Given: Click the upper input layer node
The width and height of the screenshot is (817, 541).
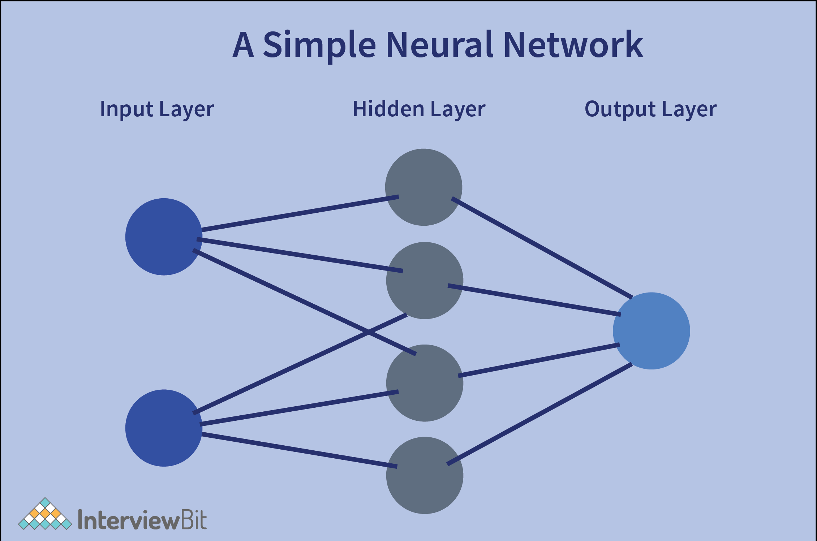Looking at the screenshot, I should tap(164, 237).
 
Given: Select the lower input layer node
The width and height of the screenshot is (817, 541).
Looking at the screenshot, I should tap(164, 428).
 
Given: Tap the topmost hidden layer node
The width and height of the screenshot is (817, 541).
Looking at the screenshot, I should tap(423, 187).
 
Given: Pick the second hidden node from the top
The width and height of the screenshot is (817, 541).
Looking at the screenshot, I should tap(425, 280).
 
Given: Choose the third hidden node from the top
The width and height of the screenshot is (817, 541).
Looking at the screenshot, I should tap(425, 383).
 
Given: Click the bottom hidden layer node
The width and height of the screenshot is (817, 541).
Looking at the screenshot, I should tap(425, 475).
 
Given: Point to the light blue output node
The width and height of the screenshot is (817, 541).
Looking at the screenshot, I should tap(651, 331).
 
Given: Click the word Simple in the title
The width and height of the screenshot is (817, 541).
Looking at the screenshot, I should tap(319, 45).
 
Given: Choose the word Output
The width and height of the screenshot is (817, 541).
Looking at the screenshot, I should tap(620, 109).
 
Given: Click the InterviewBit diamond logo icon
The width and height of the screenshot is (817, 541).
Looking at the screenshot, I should tap(45, 515).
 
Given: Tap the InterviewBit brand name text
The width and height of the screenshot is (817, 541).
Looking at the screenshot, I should tap(142, 520).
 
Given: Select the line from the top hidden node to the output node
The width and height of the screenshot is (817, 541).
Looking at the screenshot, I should tap(542, 248).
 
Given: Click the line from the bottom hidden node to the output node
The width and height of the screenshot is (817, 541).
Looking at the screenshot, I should tap(539, 414).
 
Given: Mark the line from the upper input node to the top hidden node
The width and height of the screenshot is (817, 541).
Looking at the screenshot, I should tap(300, 213).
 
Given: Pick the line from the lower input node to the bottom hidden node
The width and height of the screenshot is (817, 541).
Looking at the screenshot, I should tap(299, 450).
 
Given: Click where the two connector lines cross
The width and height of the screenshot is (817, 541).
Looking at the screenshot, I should tap(368, 332).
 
